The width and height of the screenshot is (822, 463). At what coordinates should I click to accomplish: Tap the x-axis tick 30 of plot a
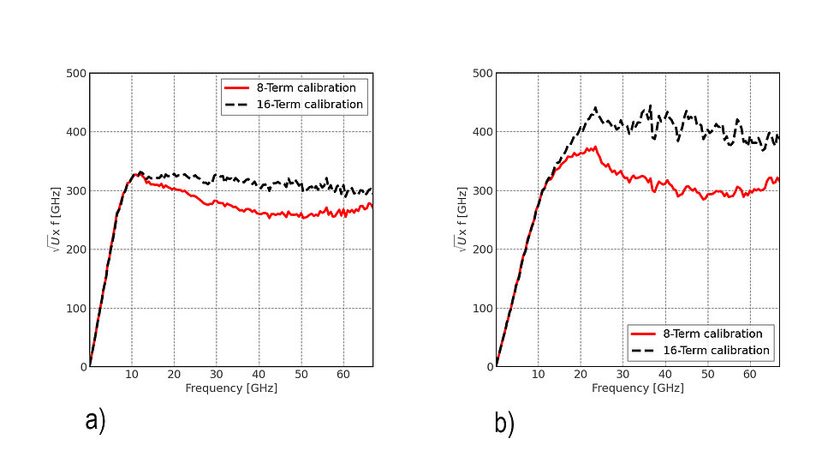[x=217, y=376]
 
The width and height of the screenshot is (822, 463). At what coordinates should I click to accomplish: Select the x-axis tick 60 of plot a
[x=343, y=376]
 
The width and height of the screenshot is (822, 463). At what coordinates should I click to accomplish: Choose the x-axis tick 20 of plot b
[x=581, y=376]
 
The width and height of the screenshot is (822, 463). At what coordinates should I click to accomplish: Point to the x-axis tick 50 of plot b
[x=707, y=376]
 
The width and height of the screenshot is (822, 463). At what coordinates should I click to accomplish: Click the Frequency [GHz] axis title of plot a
[x=231, y=388]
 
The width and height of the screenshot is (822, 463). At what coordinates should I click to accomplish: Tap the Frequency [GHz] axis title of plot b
[x=638, y=388]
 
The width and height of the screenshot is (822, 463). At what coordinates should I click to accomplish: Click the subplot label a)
[x=95, y=422]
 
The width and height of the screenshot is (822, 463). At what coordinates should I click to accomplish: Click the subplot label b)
[x=504, y=424]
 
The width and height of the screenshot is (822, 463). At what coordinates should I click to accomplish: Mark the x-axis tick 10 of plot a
[x=132, y=376]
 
